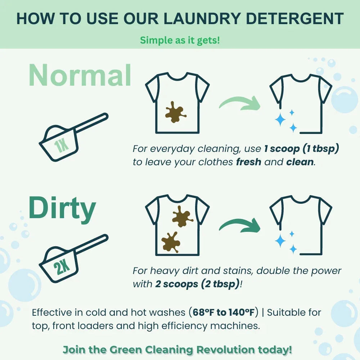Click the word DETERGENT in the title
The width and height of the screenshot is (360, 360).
tap(294, 19)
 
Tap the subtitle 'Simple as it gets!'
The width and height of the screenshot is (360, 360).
tap(180, 40)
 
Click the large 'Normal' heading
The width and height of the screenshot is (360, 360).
tap(80, 75)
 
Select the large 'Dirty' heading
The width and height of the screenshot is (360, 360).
tap(62, 208)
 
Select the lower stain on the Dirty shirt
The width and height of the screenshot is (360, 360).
tap(171, 242)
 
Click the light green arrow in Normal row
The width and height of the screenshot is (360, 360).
tap(240, 102)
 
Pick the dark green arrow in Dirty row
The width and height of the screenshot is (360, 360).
tap(240, 224)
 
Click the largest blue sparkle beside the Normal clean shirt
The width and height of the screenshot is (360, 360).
tap(280, 120)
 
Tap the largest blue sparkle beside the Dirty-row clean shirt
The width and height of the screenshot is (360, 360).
tap(280, 241)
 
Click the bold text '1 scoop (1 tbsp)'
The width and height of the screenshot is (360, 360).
tap(301, 149)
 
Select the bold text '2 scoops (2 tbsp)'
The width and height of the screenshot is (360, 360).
tap(197, 284)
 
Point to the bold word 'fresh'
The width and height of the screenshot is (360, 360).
tap(249, 162)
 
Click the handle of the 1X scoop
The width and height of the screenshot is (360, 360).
tap(91, 123)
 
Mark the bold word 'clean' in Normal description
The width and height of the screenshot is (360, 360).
tap(300, 162)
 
